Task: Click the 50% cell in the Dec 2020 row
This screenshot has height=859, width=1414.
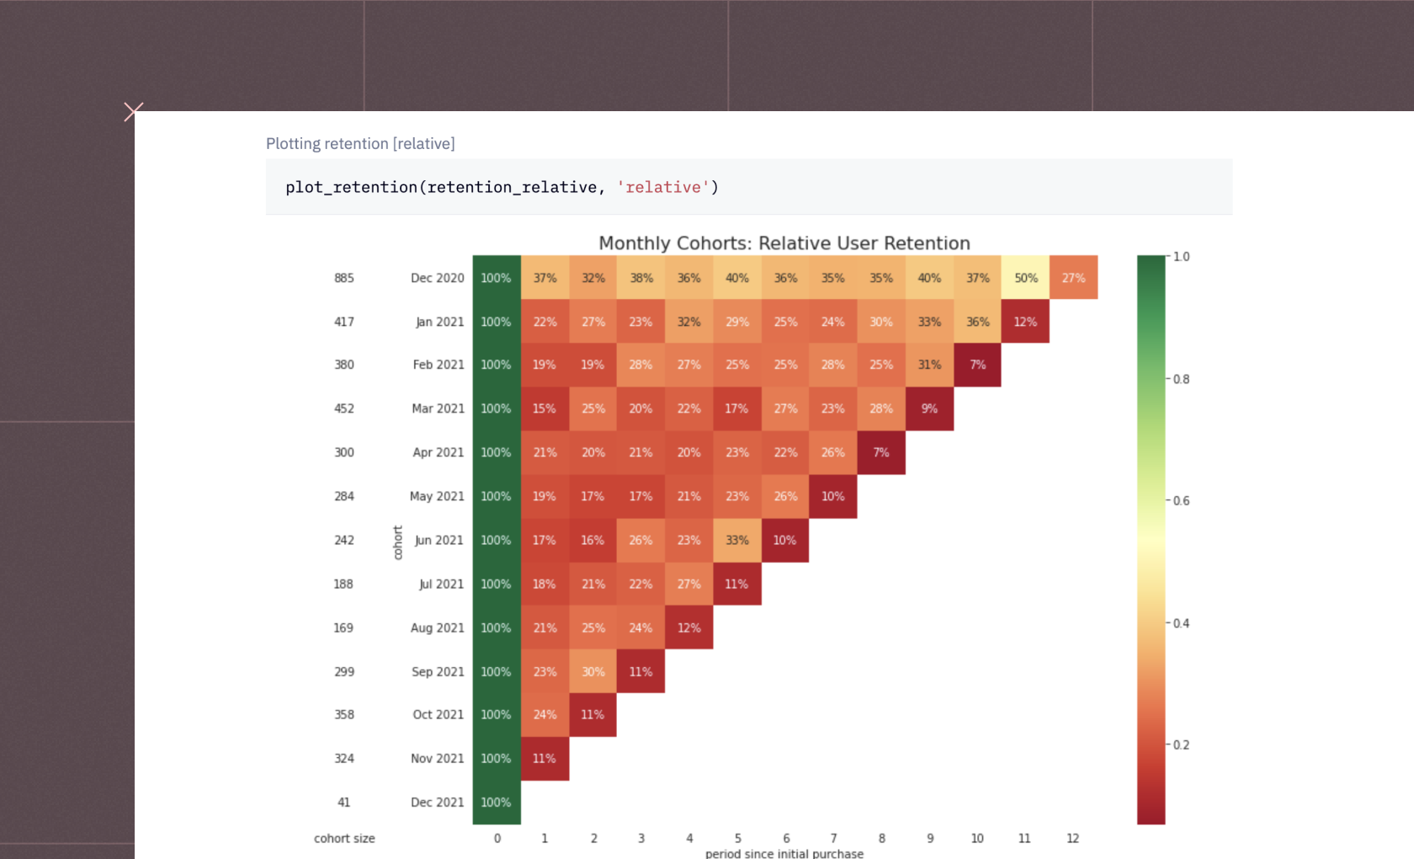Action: click(x=1025, y=278)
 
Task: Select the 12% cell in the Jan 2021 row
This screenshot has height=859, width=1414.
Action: click(x=1025, y=322)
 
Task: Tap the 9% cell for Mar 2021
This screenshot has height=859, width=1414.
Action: click(x=929, y=408)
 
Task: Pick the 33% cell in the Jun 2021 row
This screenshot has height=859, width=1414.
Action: click(x=737, y=540)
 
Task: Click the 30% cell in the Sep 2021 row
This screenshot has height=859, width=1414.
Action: click(x=593, y=672)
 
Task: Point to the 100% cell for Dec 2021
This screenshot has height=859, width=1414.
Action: click(x=496, y=803)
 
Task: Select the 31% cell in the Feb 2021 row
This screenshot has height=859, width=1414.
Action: click(x=929, y=365)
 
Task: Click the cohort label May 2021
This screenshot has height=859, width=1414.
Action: click(x=437, y=496)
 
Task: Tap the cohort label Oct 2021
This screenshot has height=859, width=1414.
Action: click(x=438, y=714)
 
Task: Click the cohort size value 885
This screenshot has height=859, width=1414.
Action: click(x=344, y=278)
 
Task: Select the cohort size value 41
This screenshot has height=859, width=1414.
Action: click(x=344, y=803)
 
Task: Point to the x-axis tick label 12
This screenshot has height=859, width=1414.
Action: click(x=1072, y=838)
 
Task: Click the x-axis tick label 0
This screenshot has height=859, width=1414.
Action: click(x=497, y=838)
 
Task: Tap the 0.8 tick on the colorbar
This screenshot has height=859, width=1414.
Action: click(x=1181, y=379)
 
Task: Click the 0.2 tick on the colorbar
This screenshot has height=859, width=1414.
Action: click(x=1181, y=744)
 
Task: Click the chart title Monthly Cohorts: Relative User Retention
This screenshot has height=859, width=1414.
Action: click(x=784, y=243)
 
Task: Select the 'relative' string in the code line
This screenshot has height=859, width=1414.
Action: click(x=663, y=187)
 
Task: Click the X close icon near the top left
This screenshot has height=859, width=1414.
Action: click(x=133, y=111)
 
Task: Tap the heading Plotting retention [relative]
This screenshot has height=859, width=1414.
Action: click(x=360, y=144)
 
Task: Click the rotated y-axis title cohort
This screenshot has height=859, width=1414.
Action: click(x=398, y=542)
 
